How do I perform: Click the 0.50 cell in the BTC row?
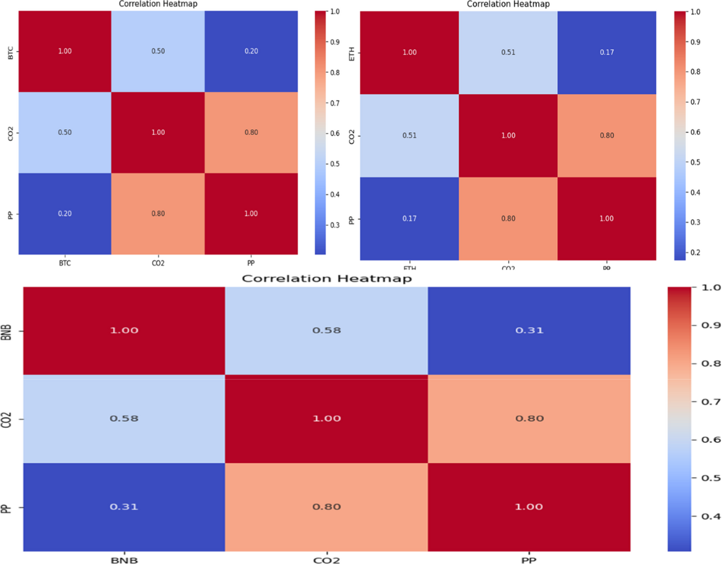158,51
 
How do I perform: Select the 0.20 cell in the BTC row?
251,51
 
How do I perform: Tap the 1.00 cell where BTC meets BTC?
64,51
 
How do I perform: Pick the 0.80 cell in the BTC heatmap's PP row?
158,213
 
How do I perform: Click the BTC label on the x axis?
64,263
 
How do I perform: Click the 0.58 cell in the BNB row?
326,330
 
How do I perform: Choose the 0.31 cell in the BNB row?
529,330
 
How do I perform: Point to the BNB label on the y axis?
8,330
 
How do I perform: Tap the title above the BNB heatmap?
326,279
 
